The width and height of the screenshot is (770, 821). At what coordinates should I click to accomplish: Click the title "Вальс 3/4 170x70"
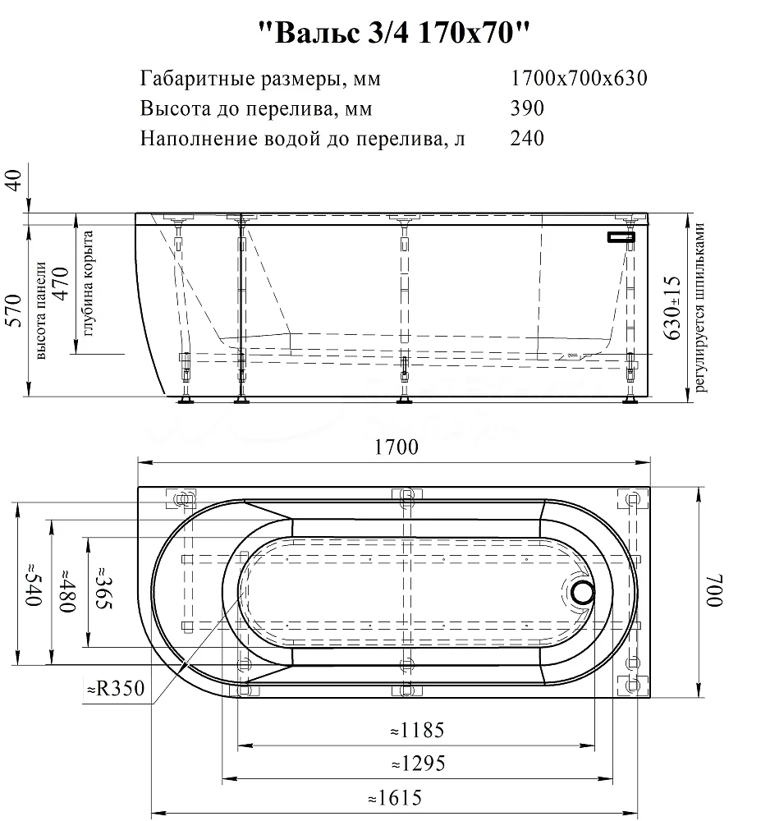click(395, 33)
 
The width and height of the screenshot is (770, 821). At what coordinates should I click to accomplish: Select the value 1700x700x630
click(579, 79)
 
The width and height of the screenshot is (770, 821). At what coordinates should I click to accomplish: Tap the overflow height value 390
click(527, 108)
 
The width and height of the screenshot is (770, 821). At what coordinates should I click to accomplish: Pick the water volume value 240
click(527, 138)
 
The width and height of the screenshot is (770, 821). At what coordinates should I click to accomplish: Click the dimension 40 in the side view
click(15, 181)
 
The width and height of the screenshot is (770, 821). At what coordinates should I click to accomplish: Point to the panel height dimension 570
click(15, 311)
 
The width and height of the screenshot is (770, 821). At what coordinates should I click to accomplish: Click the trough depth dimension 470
click(61, 284)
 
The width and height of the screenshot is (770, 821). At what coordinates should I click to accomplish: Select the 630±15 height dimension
click(672, 308)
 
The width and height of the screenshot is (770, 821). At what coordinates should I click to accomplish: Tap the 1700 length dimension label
click(396, 447)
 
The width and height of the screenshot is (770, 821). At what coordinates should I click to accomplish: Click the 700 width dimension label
click(713, 590)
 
